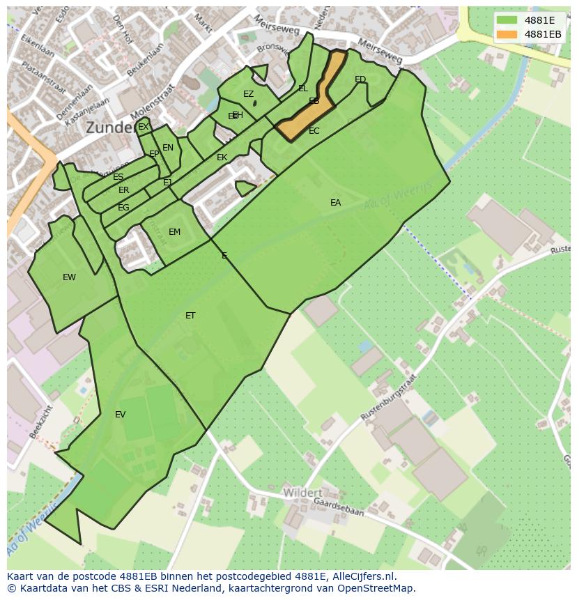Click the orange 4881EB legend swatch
coord(507,34)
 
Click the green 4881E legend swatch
coord(507,20)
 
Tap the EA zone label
coord(335,203)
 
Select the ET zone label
coord(190,316)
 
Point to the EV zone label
coord(120,415)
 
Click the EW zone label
coord(69,277)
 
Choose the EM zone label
coord(174,232)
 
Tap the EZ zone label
coord(248,94)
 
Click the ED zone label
coord(360,79)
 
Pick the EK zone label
coord(222,157)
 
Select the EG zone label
coord(123,208)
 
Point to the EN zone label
coord(167,148)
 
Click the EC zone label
coord(314,131)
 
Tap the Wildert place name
coord(302,493)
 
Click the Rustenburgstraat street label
coord(388,397)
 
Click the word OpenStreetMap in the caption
coord(380,588)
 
